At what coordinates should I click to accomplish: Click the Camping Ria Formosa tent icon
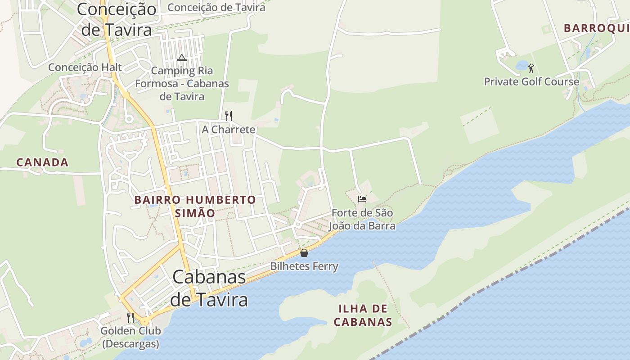pos(181,58)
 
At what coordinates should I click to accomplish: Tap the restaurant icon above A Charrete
pos(229,116)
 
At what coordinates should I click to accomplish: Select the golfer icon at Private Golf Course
pos(531,68)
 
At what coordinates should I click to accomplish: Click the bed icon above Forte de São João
pos(362,199)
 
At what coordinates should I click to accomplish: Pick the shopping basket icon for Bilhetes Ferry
pos(304,253)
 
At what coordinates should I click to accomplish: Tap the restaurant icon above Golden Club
pos(130,318)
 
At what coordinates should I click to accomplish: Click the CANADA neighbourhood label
pos(42,162)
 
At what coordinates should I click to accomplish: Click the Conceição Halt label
pos(85,67)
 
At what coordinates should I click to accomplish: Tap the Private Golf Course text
pos(531,82)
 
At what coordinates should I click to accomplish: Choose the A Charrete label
pos(229,130)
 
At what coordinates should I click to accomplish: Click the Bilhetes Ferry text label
pos(304,266)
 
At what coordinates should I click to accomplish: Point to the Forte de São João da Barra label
pos(362,219)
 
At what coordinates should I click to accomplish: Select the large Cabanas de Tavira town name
pos(210,288)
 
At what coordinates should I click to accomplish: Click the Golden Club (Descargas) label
pos(130,337)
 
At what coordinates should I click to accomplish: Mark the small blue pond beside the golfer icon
pos(522,66)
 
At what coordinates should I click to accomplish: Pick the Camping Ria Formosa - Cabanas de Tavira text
pos(182,84)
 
